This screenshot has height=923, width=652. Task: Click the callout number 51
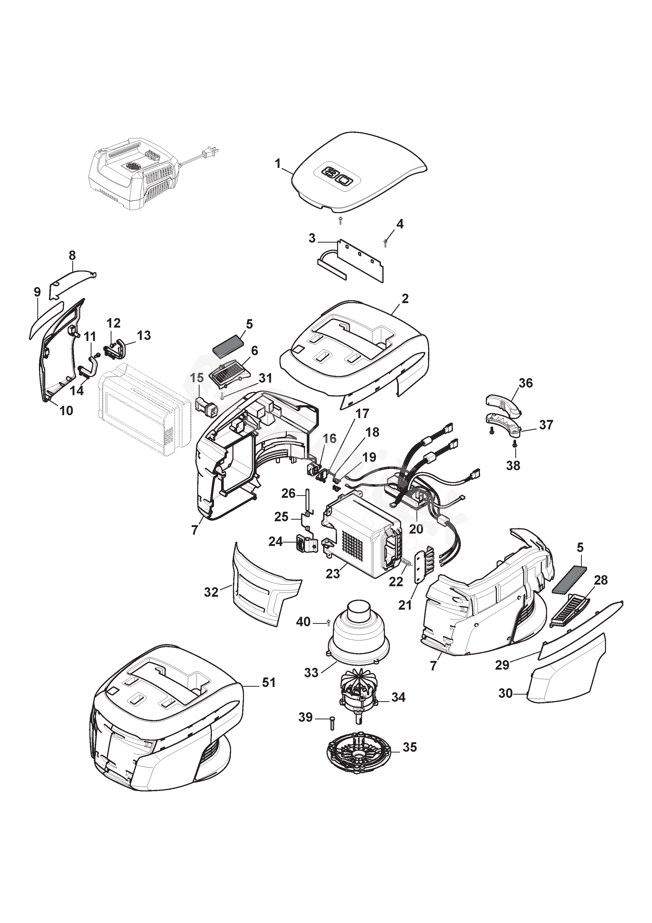click(269, 682)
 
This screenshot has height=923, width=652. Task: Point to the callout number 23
click(333, 574)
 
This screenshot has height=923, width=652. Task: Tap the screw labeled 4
click(385, 242)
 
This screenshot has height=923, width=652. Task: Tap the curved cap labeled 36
click(503, 404)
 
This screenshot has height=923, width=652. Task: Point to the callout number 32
click(211, 592)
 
